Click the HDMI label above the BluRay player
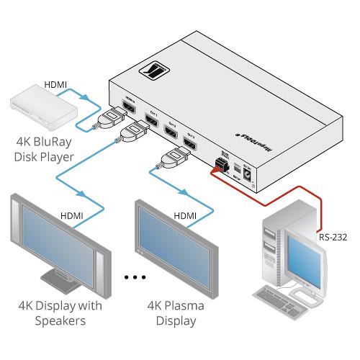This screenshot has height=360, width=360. [x=55, y=84]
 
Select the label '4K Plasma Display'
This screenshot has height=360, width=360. [x=176, y=313]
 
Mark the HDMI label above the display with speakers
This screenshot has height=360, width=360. [x=72, y=215]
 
